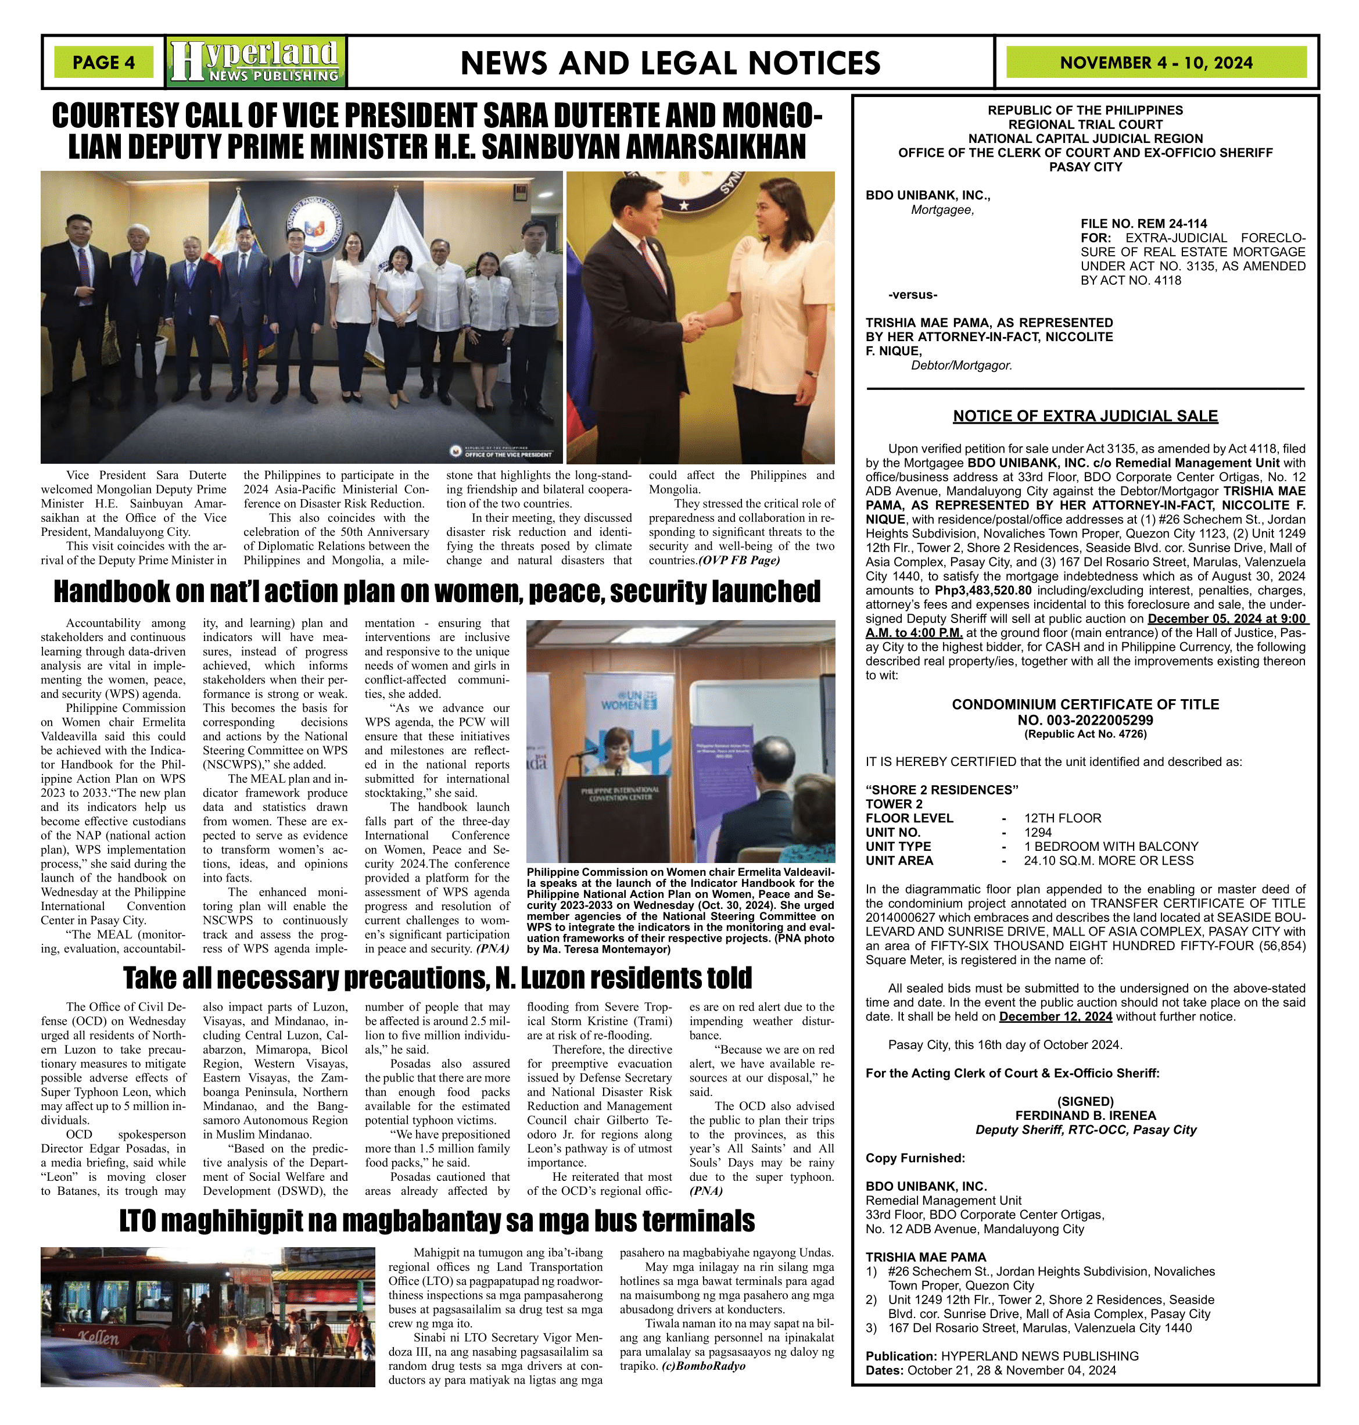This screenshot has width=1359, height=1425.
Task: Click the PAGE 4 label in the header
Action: (x=103, y=63)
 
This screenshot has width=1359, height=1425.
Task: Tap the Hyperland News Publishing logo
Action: (x=256, y=62)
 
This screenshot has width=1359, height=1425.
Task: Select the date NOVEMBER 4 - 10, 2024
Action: (x=1156, y=63)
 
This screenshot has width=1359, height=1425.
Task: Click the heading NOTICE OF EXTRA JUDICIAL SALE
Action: (x=1084, y=416)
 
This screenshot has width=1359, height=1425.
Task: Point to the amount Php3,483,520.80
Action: (x=983, y=590)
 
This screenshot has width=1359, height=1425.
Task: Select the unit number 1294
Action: (x=1037, y=832)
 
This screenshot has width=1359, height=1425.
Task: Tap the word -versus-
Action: (x=913, y=295)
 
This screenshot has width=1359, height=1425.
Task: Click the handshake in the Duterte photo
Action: (x=693, y=326)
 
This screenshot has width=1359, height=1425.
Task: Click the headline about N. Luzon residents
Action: (x=438, y=978)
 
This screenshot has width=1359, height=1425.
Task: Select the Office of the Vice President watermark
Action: (x=503, y=453)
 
